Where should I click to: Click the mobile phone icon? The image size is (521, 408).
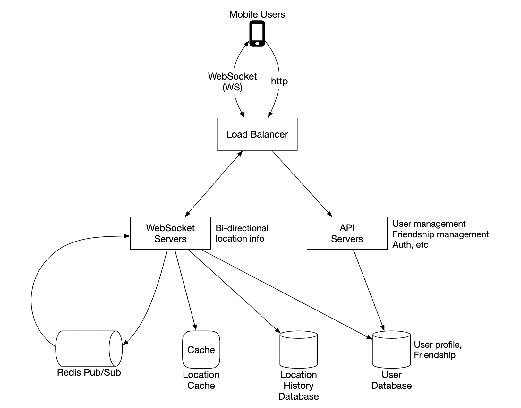(x=257, y=34)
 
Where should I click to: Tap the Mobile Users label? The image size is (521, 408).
(x=257, y=14)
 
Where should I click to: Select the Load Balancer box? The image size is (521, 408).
(x=257, y=134)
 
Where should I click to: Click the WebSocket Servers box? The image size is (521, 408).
(x=170, y=234)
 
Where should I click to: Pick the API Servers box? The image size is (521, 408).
(x=347, y=234)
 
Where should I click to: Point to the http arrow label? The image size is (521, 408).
(x=279, y=81)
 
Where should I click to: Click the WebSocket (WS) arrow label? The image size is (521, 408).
(x=232, y=81)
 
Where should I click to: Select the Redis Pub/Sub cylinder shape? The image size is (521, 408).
(x=89, y=349)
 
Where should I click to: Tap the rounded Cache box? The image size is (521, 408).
(x=201, y=350)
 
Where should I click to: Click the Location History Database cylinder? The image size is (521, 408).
(x=298, y=350)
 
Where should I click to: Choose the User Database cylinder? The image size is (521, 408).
(x=391, y=350)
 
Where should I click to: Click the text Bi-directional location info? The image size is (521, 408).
(x=242, y=234)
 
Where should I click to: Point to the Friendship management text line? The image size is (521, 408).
(x=440, y=234)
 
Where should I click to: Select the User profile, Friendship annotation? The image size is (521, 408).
(x=438, y=350)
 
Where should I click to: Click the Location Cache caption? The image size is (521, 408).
(x=201, y=380)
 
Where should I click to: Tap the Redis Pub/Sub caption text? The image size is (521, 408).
(x=89, y=372)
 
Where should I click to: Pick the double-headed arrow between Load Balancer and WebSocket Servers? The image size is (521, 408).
(x=214, y=183)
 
